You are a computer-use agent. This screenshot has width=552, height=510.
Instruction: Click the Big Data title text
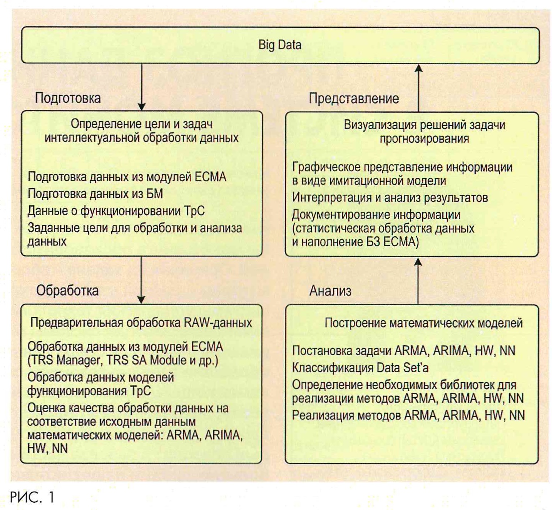point(279,45)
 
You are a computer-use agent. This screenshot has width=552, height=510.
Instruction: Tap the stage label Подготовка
point(68,98)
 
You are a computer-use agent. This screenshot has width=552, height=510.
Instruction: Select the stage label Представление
point(353,99)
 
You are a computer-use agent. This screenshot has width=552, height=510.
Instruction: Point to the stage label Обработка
point(67,290)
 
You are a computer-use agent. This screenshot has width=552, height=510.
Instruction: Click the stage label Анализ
point(330,291)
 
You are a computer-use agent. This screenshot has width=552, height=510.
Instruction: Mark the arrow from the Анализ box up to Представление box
point(418,281)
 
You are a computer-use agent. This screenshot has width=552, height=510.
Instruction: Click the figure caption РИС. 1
point(32,497)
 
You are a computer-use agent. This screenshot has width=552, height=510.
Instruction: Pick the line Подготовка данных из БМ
point(95,194)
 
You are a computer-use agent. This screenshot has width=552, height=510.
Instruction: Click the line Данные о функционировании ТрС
point(116,211)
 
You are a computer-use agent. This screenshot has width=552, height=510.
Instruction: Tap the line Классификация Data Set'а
point(360,368)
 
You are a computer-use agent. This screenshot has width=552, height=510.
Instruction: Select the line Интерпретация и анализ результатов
point(390,197)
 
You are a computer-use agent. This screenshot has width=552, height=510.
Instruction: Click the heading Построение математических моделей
point(423,323)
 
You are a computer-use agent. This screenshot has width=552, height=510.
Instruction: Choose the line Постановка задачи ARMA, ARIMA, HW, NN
point(403,351)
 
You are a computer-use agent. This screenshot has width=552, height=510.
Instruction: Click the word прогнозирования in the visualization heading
point(424,139)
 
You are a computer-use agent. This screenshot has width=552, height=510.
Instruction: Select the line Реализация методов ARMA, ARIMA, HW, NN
point(408,415)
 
